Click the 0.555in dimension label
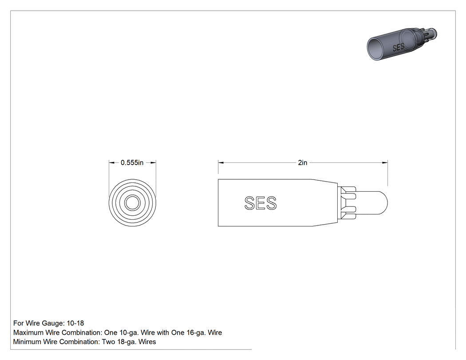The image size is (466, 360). (x=132, y=162)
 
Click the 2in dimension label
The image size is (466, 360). (x=303, y=162)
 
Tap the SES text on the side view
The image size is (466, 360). (x=261, y=203)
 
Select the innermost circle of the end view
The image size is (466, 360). (x=132, y=203)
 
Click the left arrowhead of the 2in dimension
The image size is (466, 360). (x=221, y=162)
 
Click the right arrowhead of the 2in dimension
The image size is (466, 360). (x=385, y=162)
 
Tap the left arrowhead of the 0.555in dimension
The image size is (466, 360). (x=112, y=162)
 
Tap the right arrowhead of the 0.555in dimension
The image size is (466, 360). (x=153, y=162)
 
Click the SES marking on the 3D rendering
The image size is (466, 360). (x=398, y=47)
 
